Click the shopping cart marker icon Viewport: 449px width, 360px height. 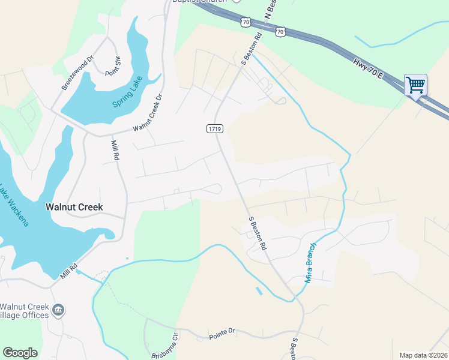[415, 85]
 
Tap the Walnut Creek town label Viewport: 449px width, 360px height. [74, 207]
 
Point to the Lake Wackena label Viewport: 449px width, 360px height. [19, 207]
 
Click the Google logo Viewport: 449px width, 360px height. [20, 353]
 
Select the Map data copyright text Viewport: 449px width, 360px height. [423, 355]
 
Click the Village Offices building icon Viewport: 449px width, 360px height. [58, 310]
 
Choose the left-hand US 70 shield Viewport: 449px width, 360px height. [245, 22]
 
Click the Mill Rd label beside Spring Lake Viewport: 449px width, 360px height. [115, 150]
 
